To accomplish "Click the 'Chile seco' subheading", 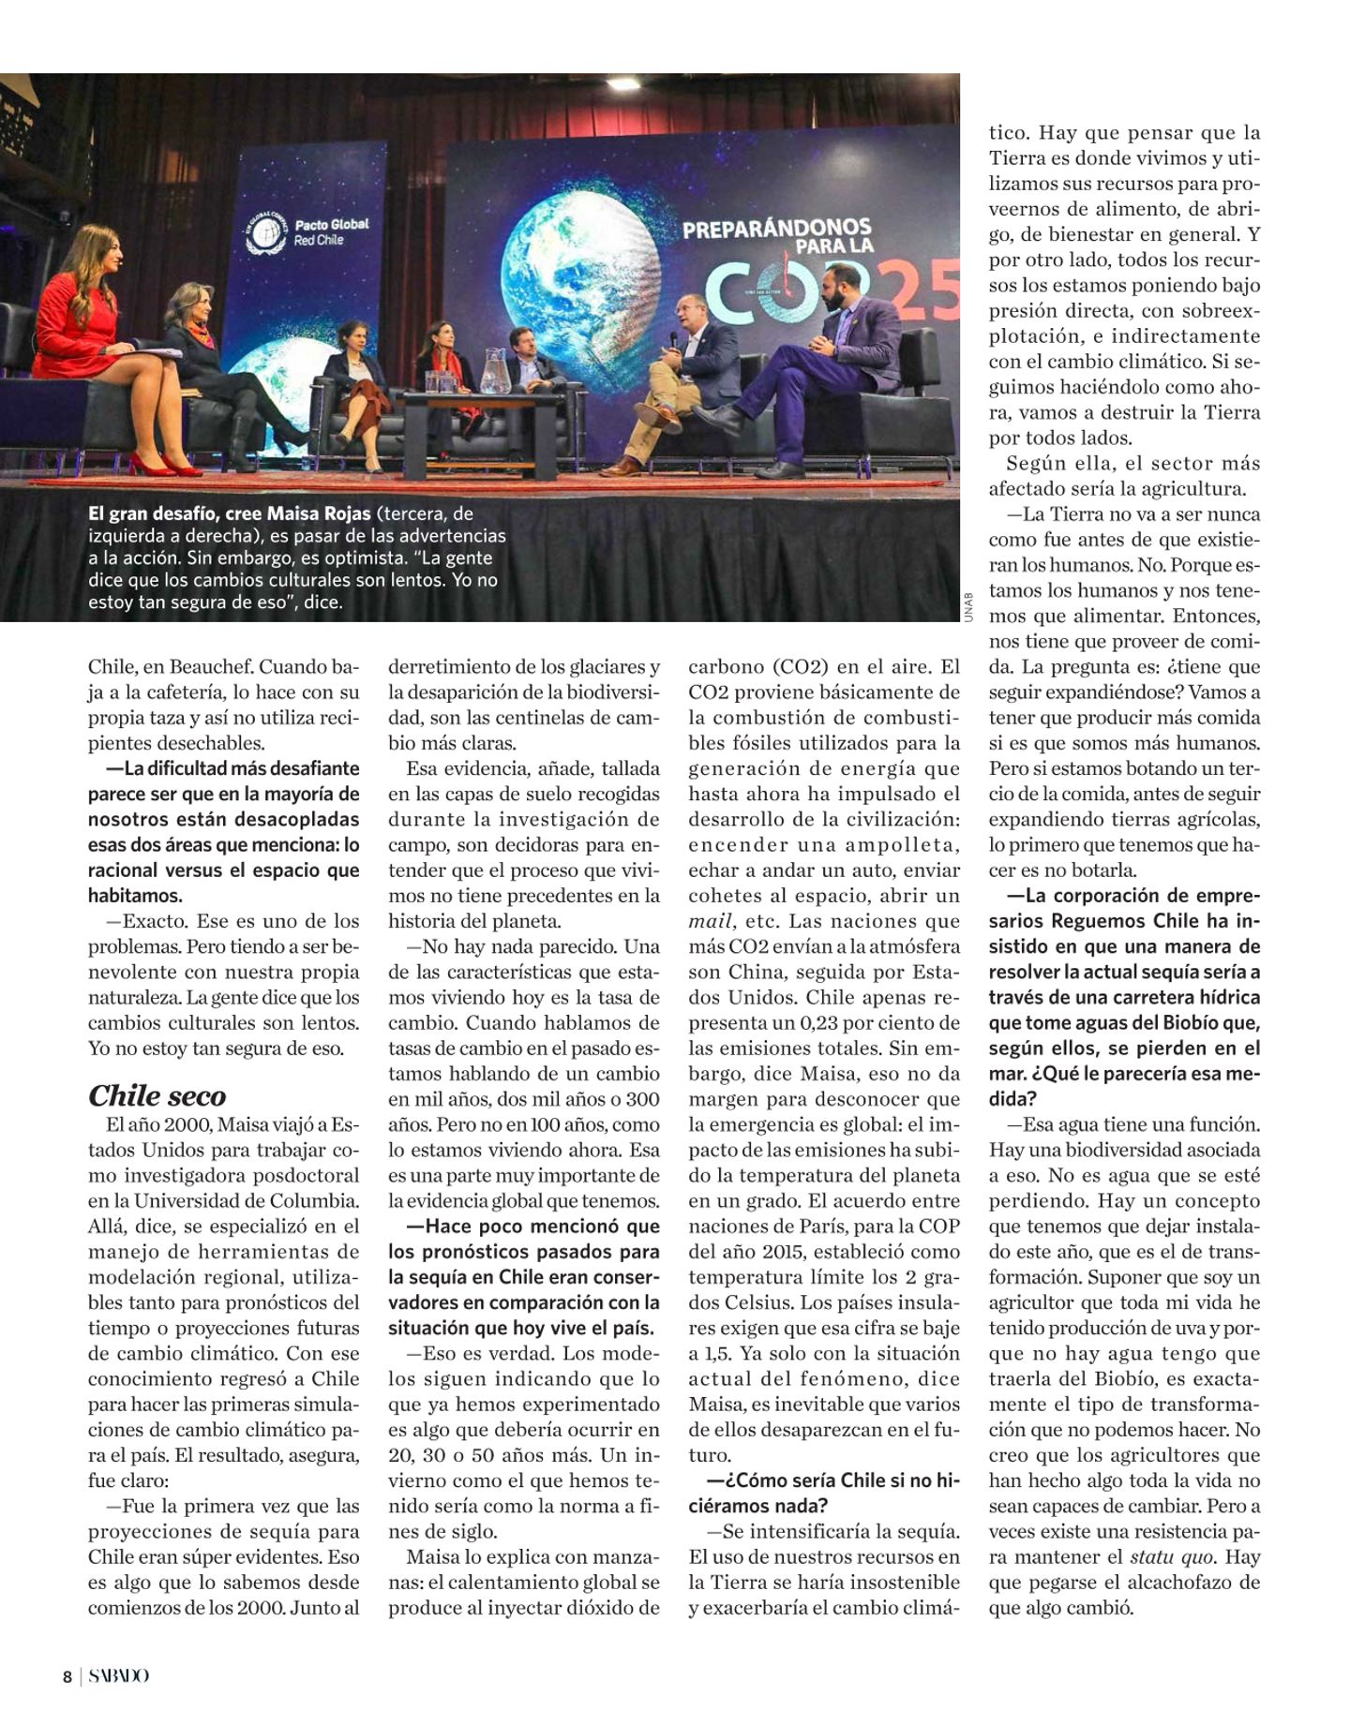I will [x=157, y=1095].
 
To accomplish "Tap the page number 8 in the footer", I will [x=67, y=1676].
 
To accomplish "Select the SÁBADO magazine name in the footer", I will [x=119, y=1676].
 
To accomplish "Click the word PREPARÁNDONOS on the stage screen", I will [x=776, y=228].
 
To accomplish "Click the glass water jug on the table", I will [x=495, y=370].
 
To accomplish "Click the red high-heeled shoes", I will [x=164, y=464].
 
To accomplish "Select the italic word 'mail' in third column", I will [x=710, y=921].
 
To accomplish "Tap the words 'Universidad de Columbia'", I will [x=247, y=1200].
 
